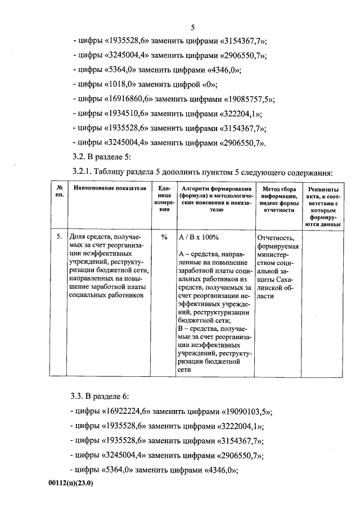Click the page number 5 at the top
tap(192, 27)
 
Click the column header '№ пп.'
tap(59, 192)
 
